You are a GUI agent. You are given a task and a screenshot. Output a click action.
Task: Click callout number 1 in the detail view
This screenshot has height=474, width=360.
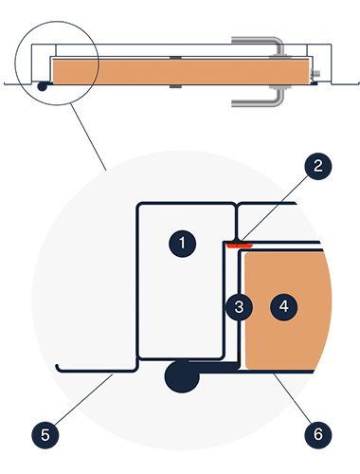tap(182, 244)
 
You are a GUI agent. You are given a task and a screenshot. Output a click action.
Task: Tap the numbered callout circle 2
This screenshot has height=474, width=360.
tap(317, 166)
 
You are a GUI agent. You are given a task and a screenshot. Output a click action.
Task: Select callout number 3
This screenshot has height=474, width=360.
tap(239, 307)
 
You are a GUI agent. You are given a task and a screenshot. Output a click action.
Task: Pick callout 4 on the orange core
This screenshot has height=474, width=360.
tap(283, 307)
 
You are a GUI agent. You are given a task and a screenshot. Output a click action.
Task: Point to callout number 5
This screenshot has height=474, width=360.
tap(45, 435)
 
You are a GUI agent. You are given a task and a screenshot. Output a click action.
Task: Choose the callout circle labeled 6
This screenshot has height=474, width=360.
tap(317, 435)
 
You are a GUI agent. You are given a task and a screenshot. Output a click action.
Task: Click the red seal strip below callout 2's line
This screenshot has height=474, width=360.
tap(240, 246)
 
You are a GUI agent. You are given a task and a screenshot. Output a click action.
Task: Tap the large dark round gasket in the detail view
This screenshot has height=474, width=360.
tap(182, 376)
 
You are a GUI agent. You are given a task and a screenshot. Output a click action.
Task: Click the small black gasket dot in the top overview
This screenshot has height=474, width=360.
tap(42, 86)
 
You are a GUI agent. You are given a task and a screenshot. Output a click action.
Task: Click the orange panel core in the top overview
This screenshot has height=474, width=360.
tap(181, 72)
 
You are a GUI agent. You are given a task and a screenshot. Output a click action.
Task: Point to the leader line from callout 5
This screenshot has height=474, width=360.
tap(83, 400)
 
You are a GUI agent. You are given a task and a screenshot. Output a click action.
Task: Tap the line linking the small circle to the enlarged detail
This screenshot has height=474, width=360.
tap(89, 137)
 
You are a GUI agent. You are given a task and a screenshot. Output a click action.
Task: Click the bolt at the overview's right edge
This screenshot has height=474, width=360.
tap(315, 74)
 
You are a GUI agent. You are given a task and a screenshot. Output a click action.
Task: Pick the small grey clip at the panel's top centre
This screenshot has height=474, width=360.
tap(175, 58)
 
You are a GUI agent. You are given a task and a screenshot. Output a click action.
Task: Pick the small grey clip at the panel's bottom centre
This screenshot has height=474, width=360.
tap(175, 86)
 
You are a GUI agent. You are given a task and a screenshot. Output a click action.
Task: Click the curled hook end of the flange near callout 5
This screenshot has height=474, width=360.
tap(58, 368)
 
